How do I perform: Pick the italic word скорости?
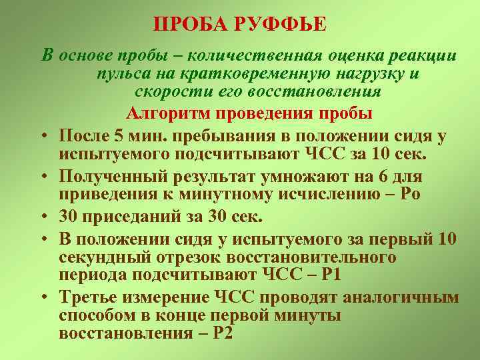tap(167, 92)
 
